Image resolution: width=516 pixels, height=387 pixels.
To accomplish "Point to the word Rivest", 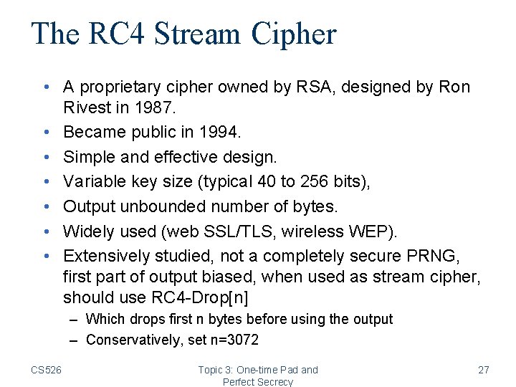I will (x=87, y=108).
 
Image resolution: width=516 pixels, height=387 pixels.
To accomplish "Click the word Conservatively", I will (x=134, y=340).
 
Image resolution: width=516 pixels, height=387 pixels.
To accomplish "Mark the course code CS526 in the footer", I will (x=47, y=370).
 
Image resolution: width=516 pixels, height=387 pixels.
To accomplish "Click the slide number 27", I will (x=483, y=370).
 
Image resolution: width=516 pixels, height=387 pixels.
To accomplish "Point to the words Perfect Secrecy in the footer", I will (x=258, y=381).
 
